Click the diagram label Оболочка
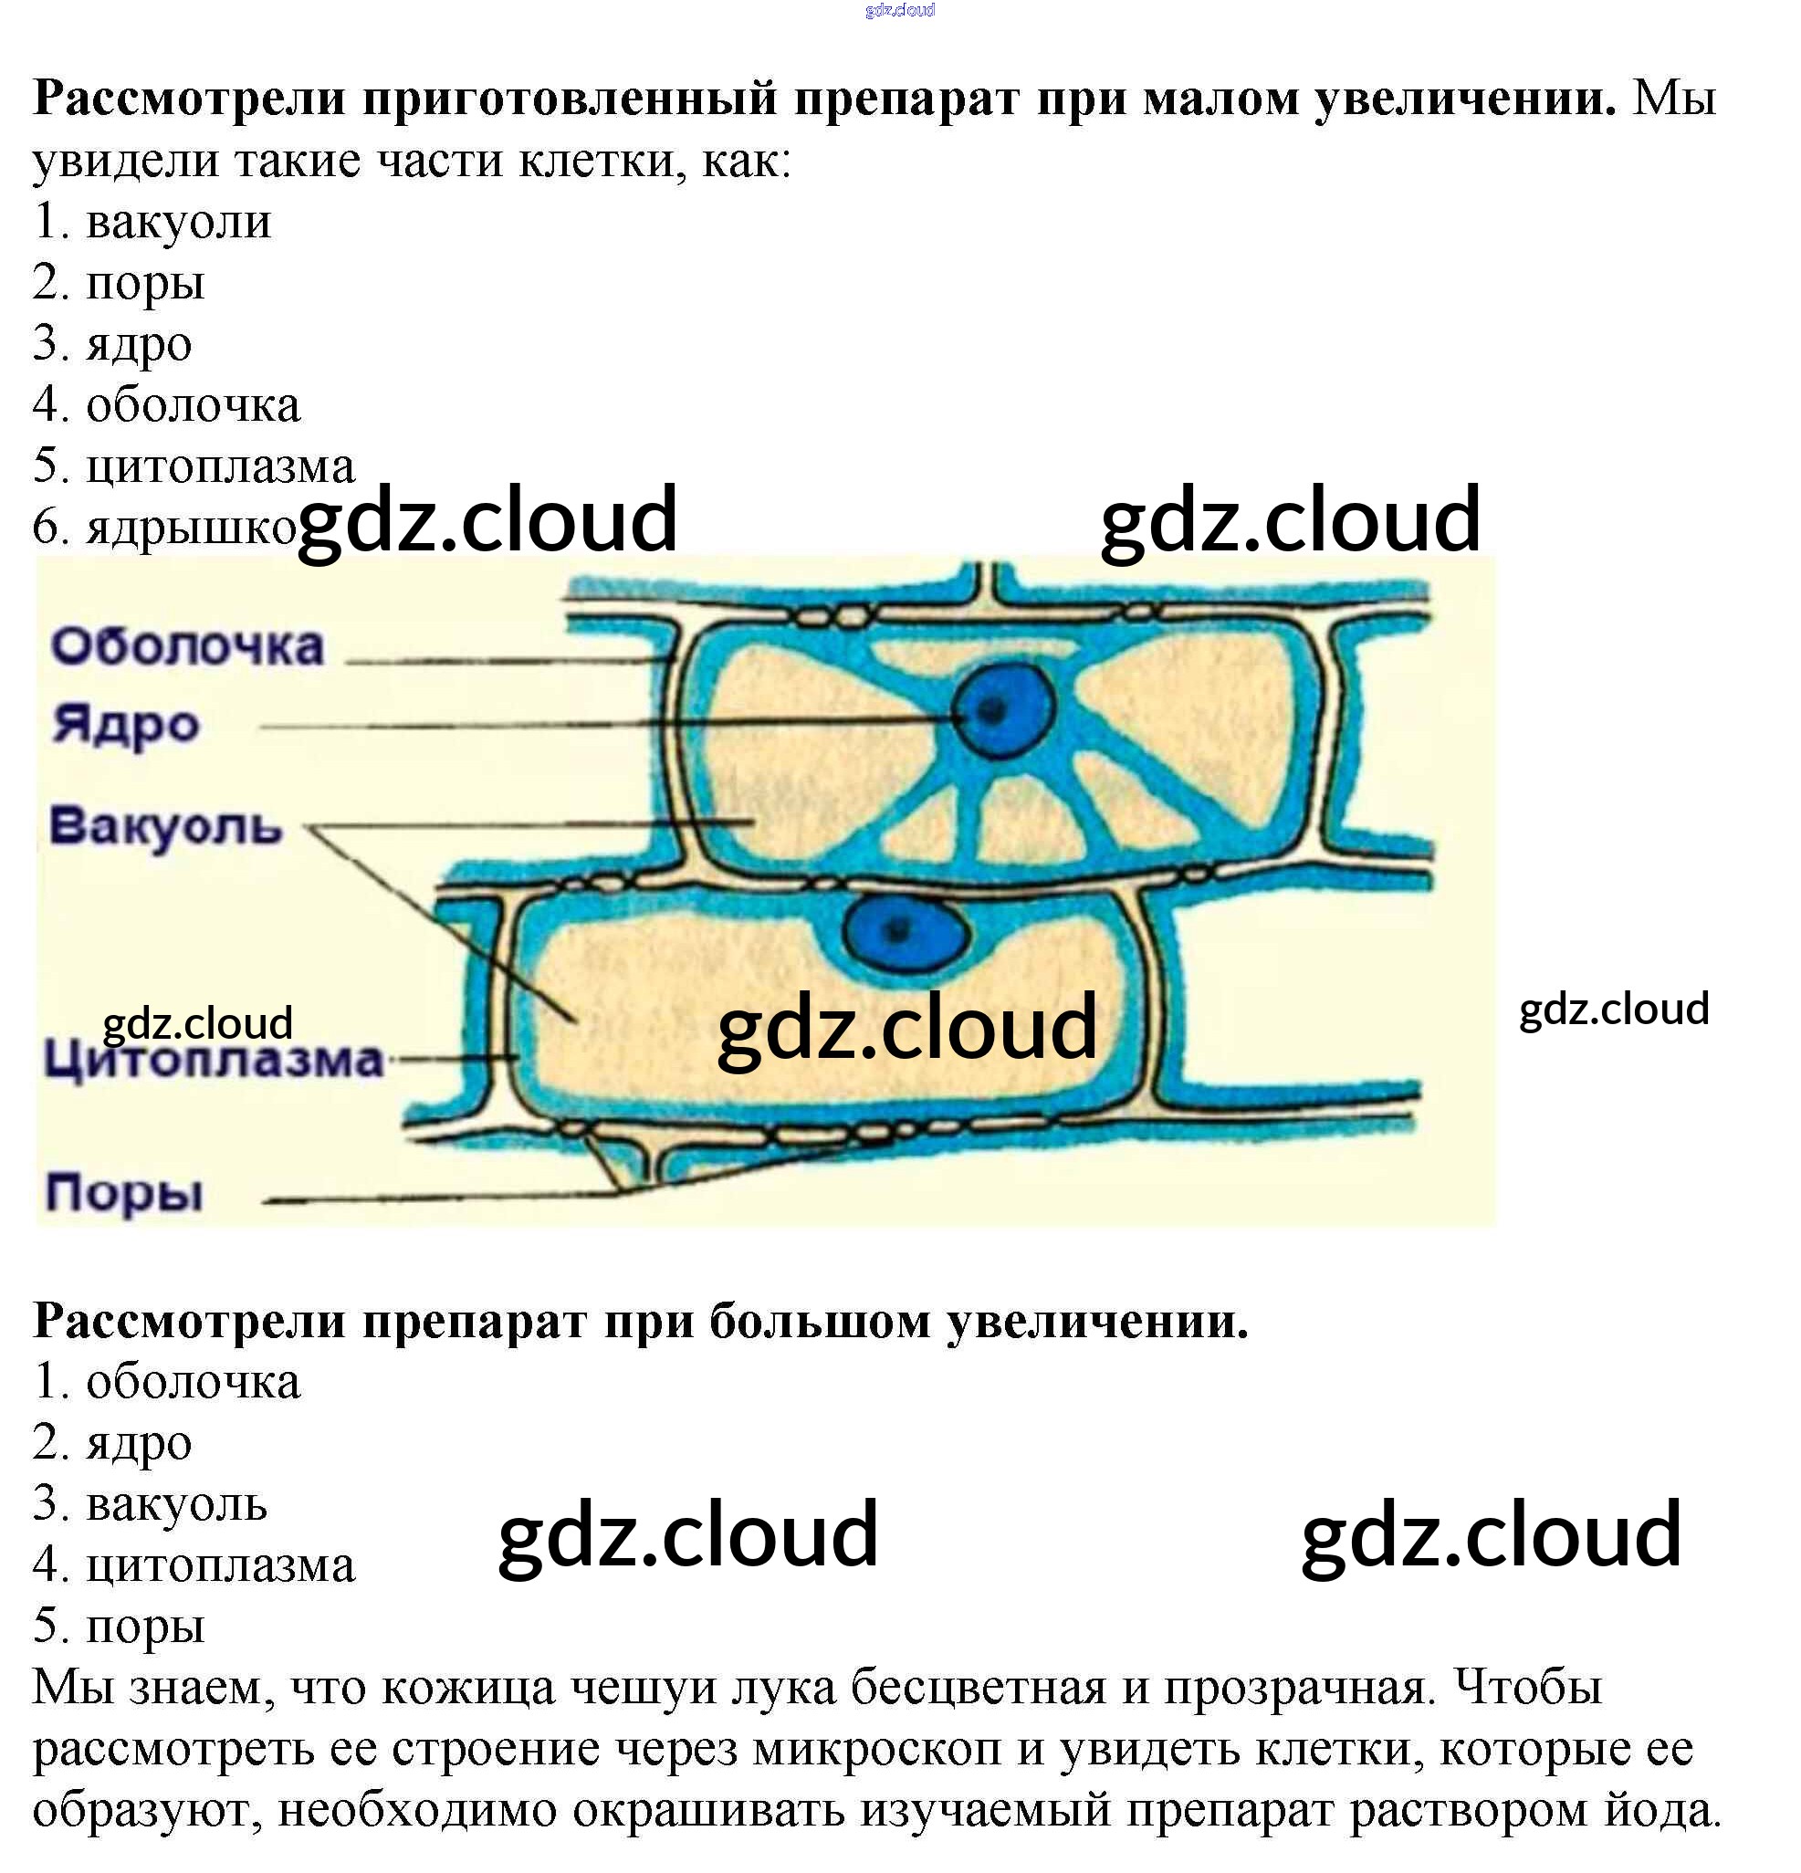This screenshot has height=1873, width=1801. (x=187, y=647)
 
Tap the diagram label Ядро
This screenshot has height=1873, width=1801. (x=125, y=724)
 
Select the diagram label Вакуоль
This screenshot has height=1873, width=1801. (x=165, y=826)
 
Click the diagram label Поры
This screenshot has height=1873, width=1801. (x=124, y=1194)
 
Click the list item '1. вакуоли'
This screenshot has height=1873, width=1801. (x=152, y=222)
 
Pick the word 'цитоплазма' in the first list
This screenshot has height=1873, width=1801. (x=221, y=466)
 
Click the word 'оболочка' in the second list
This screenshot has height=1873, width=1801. (x=193, y=1382)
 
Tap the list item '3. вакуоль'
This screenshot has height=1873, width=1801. (x=150, y=1504)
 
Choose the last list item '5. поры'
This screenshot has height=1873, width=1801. (x=120, y=1627)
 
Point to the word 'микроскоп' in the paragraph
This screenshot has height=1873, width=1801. (x=876, y=1748)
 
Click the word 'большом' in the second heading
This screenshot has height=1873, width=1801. (x=819, y=1322)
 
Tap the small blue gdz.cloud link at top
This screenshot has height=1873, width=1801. (x=899, y=11)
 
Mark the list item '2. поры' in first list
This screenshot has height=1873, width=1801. (x=120, y=283)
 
